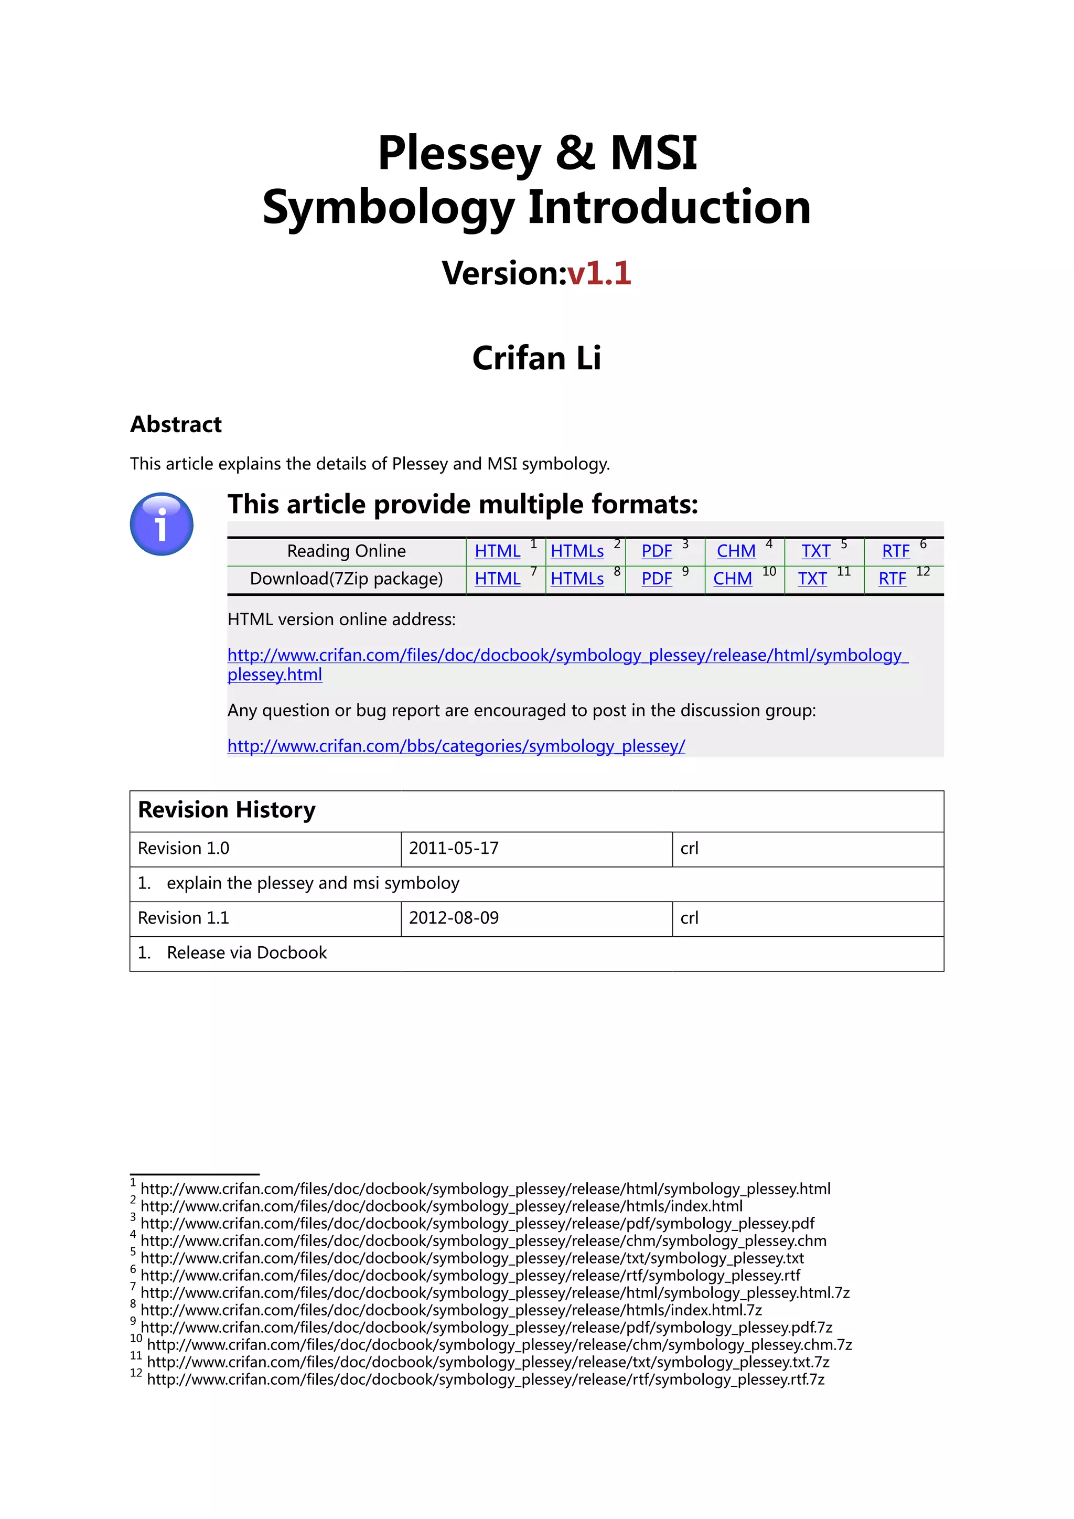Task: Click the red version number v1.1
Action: point(599,273)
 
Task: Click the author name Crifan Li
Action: point(536,358)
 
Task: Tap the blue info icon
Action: point(162,524)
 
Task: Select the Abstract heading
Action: point(176,424)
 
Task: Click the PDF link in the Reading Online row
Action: point(656,551)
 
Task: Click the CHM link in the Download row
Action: point(732,579)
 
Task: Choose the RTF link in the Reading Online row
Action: point(896,551)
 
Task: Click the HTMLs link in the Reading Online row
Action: point(577,551)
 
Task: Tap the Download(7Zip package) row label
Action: point(346,579)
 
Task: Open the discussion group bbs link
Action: point(456,746)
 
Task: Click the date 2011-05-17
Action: point(454,849)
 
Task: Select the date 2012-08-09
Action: point(454,918)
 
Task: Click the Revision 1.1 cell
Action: point(183,918)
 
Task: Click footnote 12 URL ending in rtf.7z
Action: point(486,1380)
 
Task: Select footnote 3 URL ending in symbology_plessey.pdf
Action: point(477,1224)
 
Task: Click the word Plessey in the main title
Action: point(459,154)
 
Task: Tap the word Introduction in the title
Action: point(669,208)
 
